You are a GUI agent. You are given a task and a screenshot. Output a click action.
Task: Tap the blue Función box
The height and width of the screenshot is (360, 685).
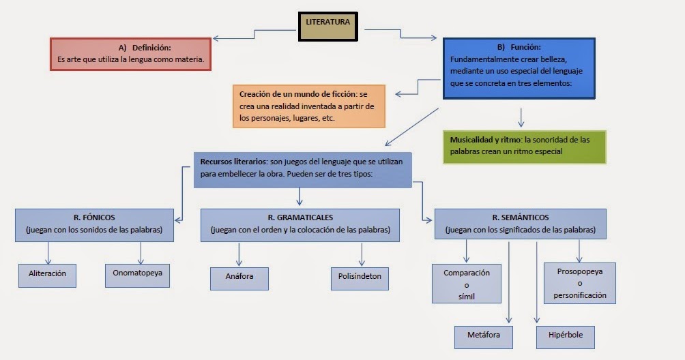coord(518,66)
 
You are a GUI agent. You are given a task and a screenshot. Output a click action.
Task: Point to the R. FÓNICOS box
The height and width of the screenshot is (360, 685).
coord(94,224)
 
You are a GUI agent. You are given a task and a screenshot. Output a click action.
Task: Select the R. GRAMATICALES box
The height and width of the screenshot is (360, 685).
coord(300,224)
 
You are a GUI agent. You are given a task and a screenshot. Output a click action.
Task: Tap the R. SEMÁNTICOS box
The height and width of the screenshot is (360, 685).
coord(520,224)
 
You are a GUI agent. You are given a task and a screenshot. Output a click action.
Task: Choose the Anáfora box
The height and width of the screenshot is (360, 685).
coord(239,277)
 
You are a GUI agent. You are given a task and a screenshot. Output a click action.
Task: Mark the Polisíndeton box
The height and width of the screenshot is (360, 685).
coord(360,277)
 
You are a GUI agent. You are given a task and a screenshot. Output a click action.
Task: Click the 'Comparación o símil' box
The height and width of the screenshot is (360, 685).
coord(467,284)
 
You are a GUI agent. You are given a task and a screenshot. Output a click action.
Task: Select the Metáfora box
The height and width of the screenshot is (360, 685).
coord(483,337)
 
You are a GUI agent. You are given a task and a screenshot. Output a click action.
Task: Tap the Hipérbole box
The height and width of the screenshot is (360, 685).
coord(566,337)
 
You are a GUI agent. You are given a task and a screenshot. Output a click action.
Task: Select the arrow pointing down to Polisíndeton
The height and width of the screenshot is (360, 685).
coord(361,254)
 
